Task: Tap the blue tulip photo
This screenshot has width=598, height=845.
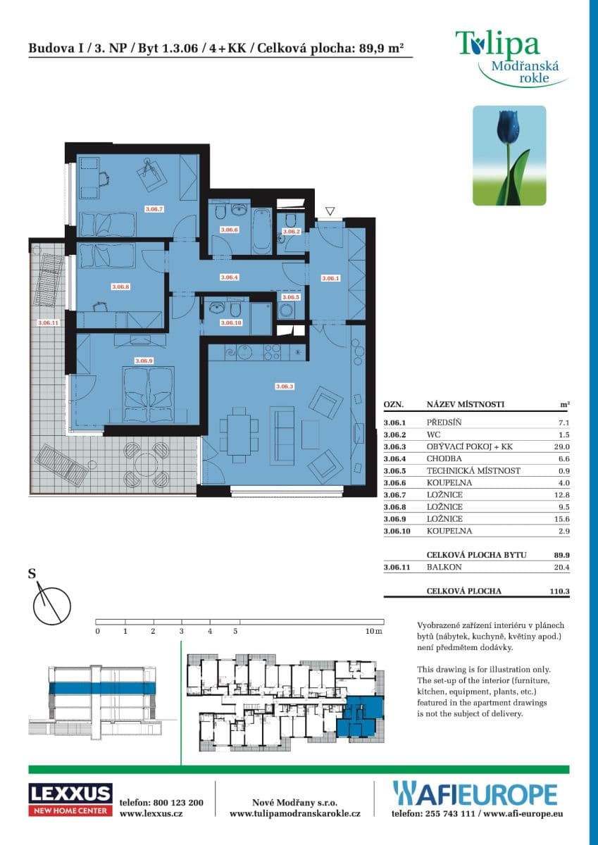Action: [509, 156]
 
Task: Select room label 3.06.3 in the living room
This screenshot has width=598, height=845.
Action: [284, 387]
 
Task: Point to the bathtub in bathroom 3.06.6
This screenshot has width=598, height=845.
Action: [261, 230]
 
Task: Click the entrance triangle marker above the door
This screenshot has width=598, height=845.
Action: [330, 211]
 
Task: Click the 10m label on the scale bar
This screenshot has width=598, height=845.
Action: [374, 632]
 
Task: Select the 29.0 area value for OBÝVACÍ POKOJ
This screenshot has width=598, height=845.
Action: [562, 446]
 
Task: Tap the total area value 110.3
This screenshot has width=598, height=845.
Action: [559, 591]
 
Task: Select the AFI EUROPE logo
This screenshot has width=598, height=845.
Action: [475, 794]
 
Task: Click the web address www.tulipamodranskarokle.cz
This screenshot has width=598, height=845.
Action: [295, 813]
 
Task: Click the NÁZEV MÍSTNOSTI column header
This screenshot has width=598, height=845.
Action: [466, 406]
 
